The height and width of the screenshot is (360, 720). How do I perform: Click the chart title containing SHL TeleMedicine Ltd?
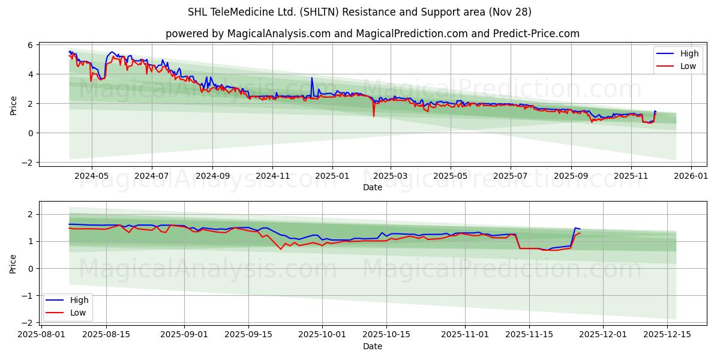[360, 12]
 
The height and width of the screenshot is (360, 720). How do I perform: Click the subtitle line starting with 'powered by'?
[372, 34]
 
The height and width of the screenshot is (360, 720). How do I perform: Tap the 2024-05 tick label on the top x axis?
[91, 176]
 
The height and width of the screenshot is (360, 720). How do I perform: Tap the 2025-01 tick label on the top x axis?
[331, 176]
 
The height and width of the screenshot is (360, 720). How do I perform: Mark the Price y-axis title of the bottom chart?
[13, 264]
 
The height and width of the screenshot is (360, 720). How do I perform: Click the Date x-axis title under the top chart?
[372, 187]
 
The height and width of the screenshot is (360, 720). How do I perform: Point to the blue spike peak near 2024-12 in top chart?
[312, 77]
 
